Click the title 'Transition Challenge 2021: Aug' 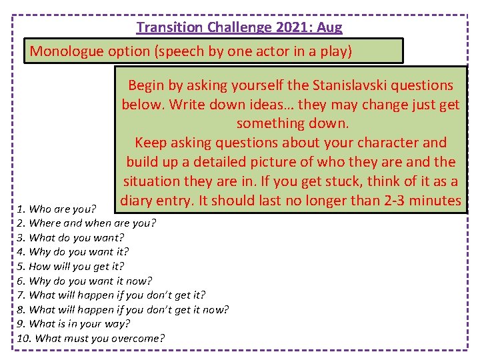239,27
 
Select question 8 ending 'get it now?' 122,309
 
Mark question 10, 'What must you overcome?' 90,338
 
